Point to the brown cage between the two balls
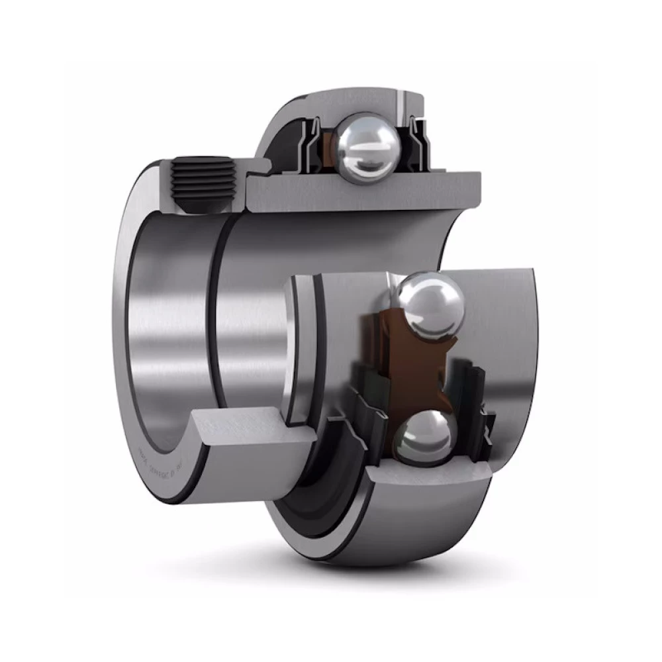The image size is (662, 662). point(404,371)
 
